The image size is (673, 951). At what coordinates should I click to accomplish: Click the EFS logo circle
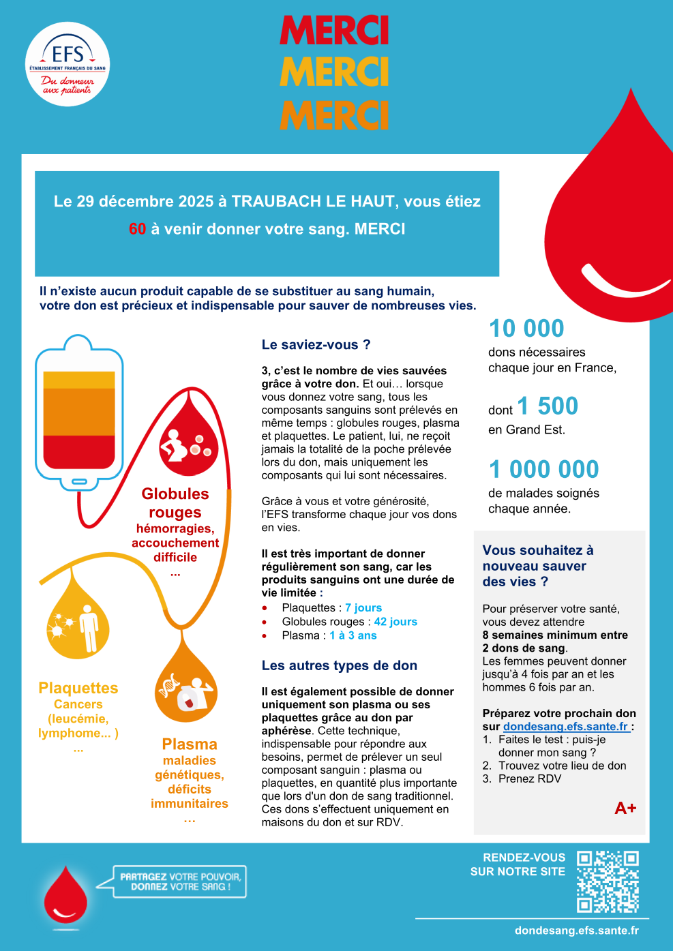pos(68,64)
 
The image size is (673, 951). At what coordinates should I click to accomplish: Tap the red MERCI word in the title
pos(334,31)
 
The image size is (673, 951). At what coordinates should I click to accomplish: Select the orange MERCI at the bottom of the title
pos(334,115)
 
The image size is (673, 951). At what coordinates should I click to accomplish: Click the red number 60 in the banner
pos(137,229)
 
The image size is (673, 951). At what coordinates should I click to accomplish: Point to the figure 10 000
pos(526,329)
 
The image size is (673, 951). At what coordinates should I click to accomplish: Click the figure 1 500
pos(548,406)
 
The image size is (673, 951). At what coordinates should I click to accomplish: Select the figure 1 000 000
pos(544,470)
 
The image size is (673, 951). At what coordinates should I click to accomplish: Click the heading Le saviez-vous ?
pos(316,345)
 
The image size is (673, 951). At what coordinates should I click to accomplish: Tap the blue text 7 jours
pos(363,607)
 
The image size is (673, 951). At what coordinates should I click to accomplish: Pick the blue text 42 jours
pos(395,622)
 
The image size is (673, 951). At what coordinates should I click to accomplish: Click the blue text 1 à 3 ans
pos(353,635)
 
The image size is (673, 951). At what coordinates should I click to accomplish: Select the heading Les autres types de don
pos(340,665)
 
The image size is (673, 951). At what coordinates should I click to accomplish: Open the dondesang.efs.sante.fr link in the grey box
pos(566,727)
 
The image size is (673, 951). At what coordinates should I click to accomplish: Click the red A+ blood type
pos(625,809)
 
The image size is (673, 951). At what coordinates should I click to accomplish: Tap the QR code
pos(608,881)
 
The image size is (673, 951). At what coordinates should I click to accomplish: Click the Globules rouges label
pos(175,502)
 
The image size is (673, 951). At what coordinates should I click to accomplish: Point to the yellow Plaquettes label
pos(78,689)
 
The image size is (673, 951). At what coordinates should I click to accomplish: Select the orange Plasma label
pos(190,744)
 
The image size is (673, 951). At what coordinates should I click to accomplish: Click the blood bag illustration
pos(79,412)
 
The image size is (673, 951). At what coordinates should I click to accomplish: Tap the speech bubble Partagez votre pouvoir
pos(180,881)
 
